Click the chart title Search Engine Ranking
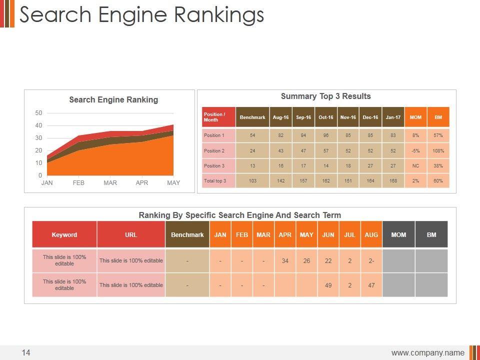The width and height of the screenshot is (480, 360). point(113,99)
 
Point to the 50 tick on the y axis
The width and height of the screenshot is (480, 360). point(38,113)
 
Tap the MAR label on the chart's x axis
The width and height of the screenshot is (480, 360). point(110,183)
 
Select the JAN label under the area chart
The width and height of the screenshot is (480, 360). point(47,183)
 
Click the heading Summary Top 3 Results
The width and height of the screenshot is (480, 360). point(326,96)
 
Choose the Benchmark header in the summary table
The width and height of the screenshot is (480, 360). point(252,117)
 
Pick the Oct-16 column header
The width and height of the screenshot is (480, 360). point(326,117)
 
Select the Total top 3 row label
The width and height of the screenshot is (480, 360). point(214,180)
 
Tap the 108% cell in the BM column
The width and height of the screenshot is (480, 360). point(438,150)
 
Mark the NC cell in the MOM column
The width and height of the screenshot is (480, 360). point(415,165)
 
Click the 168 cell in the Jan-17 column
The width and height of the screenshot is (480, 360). point(393,180)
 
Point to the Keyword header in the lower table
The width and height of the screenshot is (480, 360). point(64,234)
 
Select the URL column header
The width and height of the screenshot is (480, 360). point(131,234)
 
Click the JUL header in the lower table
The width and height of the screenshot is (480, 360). point(350,234)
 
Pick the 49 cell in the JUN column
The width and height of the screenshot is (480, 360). point(328,285)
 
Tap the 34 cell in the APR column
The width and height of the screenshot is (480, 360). point(285,260)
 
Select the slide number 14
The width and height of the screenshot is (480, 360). point(26,353)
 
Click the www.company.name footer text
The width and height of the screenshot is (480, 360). point(427,353)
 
